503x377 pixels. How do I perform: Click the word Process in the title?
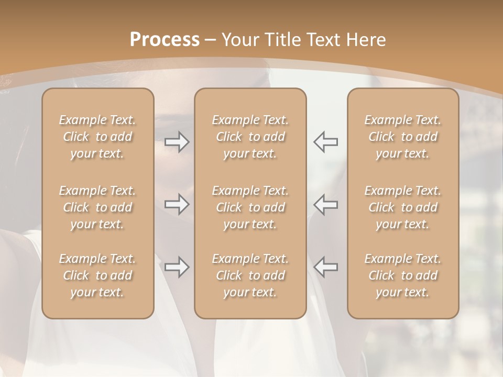(165, 40)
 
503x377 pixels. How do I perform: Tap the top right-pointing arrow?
(177, 142)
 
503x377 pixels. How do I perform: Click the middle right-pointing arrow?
(177, 204)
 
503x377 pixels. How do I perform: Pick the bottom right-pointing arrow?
(177, 267)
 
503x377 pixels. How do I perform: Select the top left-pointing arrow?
(325, 142)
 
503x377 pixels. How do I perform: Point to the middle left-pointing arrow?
(325, 204)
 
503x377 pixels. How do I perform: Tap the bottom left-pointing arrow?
(325, 267)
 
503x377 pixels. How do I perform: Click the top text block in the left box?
(97, 137)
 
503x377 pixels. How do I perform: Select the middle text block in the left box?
(97, 207)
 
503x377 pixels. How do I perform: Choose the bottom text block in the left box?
(97, 275)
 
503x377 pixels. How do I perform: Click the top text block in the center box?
(250, 137)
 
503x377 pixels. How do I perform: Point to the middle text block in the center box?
(250, 207)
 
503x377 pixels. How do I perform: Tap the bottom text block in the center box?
(250, 275)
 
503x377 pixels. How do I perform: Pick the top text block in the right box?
(403, 137)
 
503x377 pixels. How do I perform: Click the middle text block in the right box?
(403, 207)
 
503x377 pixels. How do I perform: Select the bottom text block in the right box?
(403, 275)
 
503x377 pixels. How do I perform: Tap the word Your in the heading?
(239, 40)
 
